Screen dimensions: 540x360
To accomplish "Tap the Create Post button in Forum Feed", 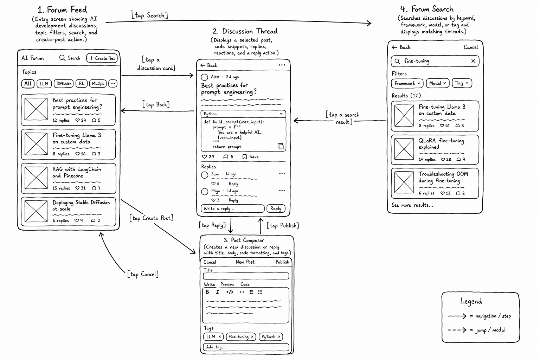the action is click(x=102, y=58).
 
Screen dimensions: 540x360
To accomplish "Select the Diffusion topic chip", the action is click(x=64, y=83).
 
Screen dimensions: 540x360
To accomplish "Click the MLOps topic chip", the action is click(x=98, y=83).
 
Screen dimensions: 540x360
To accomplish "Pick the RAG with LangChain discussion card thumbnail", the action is click(x=36, y=178).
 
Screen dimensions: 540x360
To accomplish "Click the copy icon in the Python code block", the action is click(x=280, y=146).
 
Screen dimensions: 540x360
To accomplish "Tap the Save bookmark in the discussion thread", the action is click(x=251, y=157).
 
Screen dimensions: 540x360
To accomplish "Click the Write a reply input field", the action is click(x=233, y=208).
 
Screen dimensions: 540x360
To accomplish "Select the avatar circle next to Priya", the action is click(x=204, y=192).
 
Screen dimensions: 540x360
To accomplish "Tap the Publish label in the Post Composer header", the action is click(x=282, y=262).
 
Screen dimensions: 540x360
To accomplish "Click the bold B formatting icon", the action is click(x=207, y=292).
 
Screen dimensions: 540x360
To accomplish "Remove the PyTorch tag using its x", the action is click(x=279, y=336).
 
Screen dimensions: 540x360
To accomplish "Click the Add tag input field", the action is click(x=246, y=347).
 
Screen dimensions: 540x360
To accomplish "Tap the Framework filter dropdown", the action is click(x=407, y=83).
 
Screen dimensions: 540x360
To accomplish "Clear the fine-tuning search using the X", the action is click(x=473, y=61).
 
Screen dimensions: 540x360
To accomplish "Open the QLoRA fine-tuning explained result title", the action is click(x=441, y=144).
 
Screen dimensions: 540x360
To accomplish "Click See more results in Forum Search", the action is click(x=412, y=205).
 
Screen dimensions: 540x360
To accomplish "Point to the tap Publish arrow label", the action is click(x=283, y=225).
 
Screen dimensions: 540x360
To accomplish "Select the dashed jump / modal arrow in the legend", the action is click(x=457, y=330).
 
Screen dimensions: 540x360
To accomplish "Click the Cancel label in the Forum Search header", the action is click(x=471, y=47).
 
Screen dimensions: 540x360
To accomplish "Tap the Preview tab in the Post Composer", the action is click(x=227, y=284).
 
